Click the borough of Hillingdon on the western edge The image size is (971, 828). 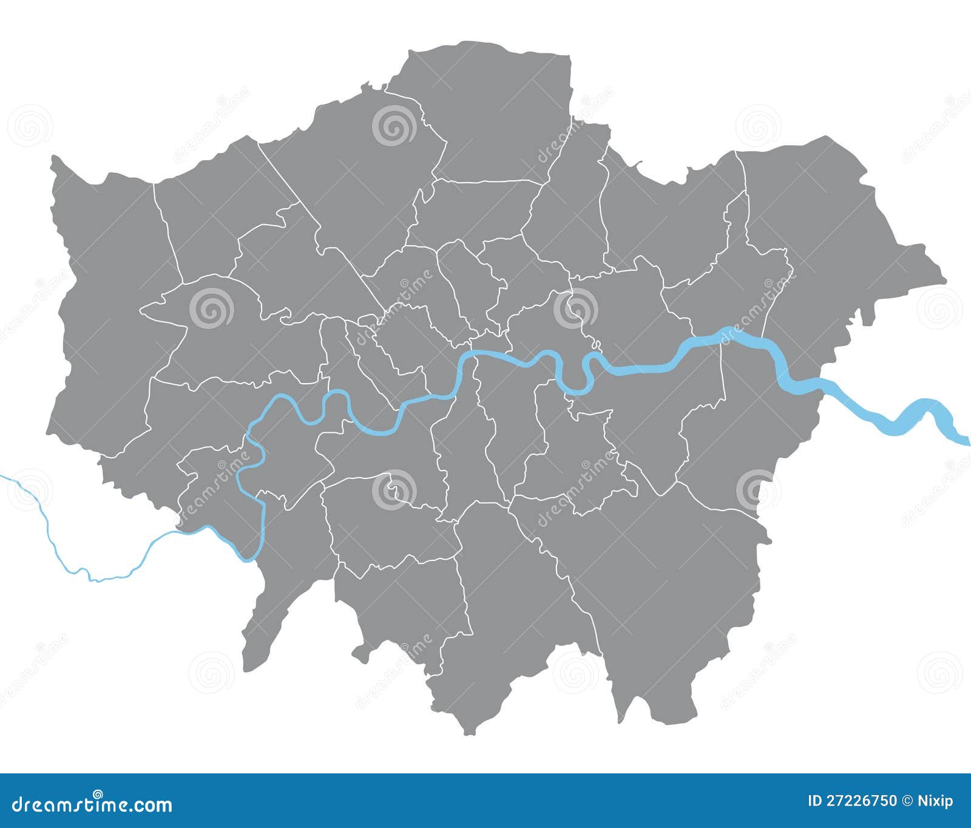(103, 304)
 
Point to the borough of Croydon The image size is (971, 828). (516, 607)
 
